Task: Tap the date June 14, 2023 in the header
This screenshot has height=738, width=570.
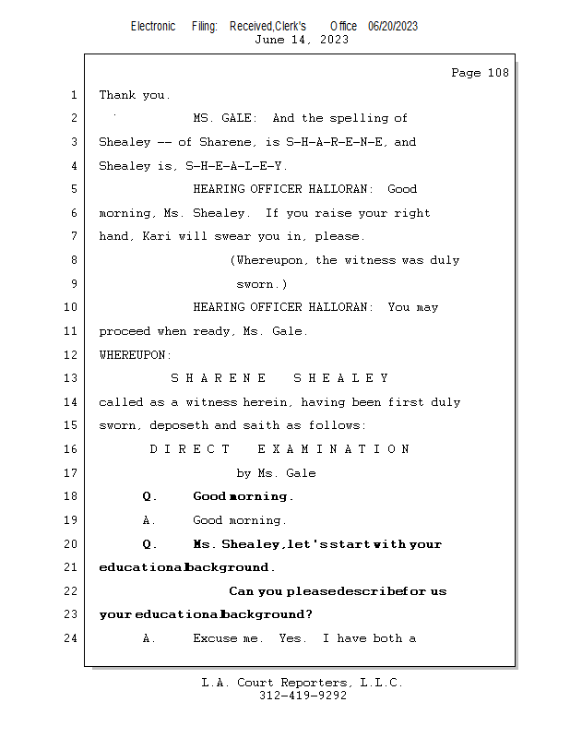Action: click(302, 40)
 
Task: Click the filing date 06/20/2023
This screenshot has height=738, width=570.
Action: click(392, 27)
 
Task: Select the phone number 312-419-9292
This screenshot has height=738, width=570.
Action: click(303, 696)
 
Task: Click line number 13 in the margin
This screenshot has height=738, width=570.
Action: click(72, 378)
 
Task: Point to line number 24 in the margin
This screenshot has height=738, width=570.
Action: click(72, 638)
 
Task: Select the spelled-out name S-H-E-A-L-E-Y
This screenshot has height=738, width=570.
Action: click(236, 166)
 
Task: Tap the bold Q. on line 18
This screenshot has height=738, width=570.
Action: click(149, 496)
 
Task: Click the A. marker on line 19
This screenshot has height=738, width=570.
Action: click(149, 520)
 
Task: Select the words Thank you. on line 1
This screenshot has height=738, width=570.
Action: click(135, 95)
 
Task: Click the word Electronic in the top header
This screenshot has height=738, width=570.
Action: click(153, 27)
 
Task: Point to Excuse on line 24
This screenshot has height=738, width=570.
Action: click(214, 638)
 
